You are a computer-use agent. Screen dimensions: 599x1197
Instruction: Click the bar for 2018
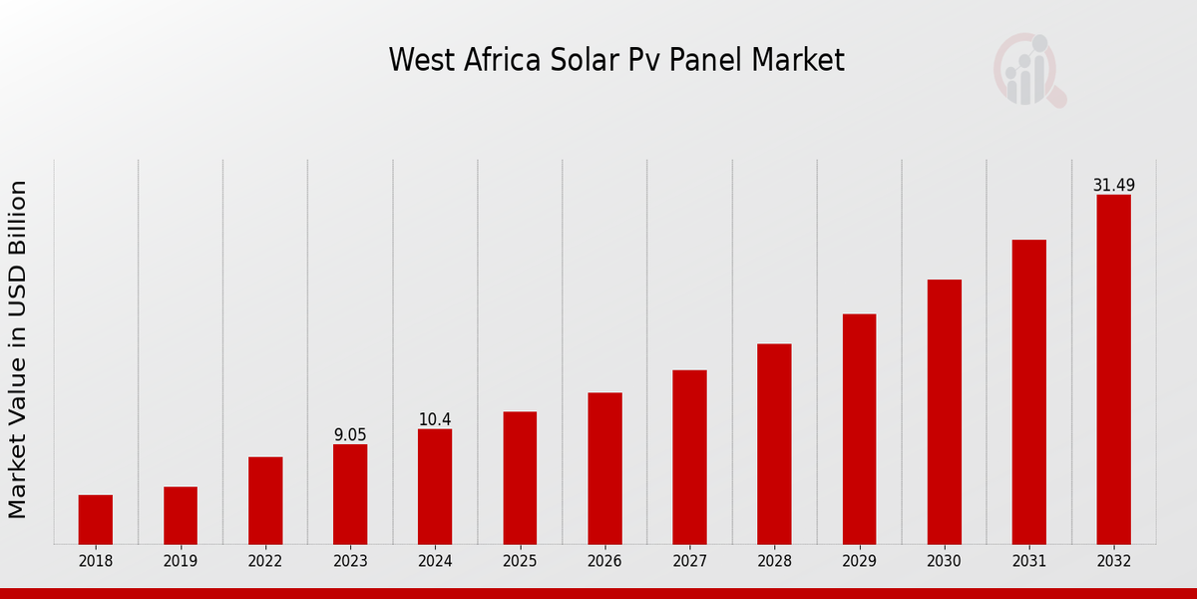(x=96, y=519)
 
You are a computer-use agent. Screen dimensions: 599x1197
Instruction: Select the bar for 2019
(x=181, y=515)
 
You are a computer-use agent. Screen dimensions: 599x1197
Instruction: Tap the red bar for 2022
(x=265, y=500)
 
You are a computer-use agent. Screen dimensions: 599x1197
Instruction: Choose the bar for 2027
(x=689, y=457)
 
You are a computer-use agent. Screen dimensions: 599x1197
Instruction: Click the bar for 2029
(x=859, y=429)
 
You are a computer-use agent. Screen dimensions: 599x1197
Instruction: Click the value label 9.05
(x=350, y=435)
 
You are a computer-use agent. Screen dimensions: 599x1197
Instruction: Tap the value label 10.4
(x=435, y=420)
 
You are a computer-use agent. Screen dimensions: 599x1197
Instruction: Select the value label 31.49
(x=1113, y=186)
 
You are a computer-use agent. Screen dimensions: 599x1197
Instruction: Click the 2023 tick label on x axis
(x=350, y=562)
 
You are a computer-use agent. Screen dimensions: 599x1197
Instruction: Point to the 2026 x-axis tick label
(x=604, y=562)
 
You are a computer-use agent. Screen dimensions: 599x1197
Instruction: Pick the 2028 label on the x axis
(x=774, y=562)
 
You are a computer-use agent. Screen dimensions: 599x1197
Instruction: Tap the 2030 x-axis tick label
(x=944, y=562)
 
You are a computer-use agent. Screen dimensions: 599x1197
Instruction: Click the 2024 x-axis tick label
(x=435, y=562)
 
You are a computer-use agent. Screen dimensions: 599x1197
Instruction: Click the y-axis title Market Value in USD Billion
(x=18, y=349)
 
